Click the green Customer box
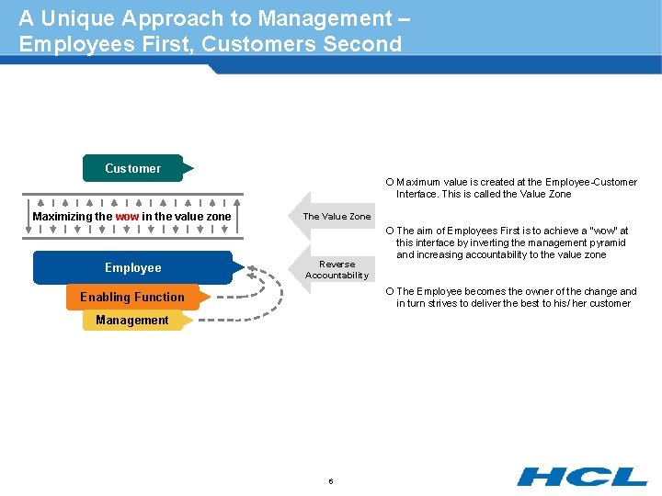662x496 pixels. (x=133, y=168)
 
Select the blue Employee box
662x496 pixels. (x=132, y=267)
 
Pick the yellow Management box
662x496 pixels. (x=131, y=320)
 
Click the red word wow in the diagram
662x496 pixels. (x=127, y=217)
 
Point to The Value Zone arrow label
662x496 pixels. (x=337, y=217)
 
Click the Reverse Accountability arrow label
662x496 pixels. (x=337, y=269)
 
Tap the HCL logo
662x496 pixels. (x=581, y=476)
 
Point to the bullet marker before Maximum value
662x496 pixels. (x=390, y=182)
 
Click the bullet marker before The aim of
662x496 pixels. (x=390, y=231)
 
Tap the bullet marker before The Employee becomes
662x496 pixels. (x=390, y=291)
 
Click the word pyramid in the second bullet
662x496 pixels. (x=607, y=242)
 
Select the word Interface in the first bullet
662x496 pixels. (x=418, y=194)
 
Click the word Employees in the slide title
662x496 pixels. (x=74, y=44)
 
